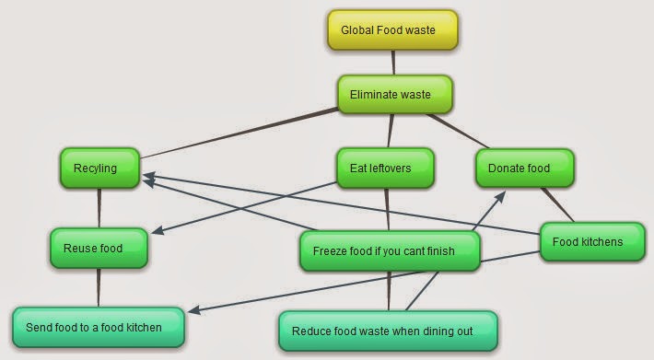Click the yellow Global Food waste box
[392, 30]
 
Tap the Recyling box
[100, 168]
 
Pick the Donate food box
[525, 168]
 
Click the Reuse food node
[99, 248]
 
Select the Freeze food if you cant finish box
[390, 250]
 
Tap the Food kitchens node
[587, 242]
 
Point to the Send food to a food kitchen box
[99, 327]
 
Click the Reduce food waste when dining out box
[388, 331]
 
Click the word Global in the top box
[357, 30]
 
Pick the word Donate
[506, 168]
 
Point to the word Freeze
[330, 250]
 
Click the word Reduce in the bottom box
[309, 331]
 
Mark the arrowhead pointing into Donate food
[501, 195]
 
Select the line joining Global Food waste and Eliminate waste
[394, 62]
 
